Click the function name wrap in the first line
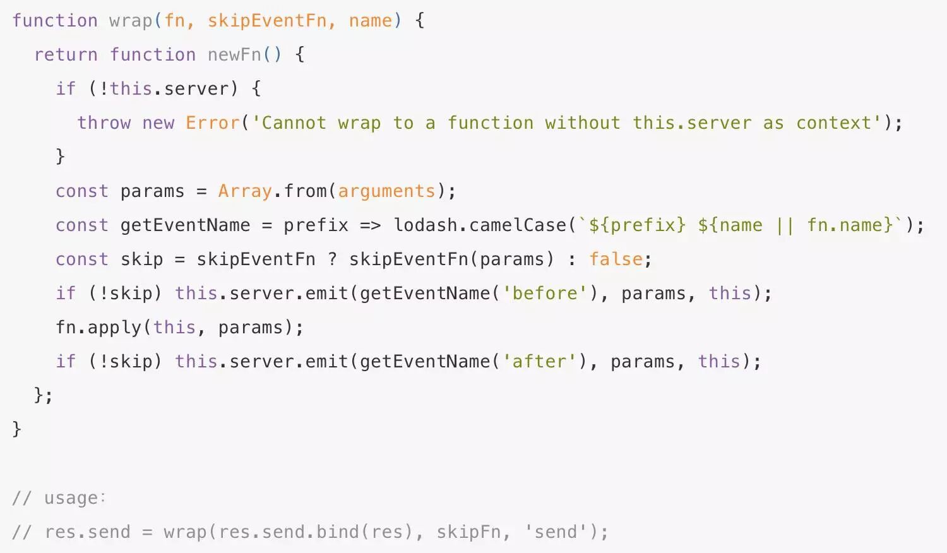coord(131,21)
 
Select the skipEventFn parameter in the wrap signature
coord(267,21)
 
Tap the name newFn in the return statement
coord(234,55)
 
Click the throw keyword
coord(104,123)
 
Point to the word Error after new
coord(213,123)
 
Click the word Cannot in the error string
coord(294,123)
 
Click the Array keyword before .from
coord(245,191)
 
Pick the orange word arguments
coord(386,191)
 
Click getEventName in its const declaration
coord(185,225)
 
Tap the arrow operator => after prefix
coord(370,225)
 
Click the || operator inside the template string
coord(785,225)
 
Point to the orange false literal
coord(616,259)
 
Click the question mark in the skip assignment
coord(332,259)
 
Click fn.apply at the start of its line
coord(98,328)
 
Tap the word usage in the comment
coord(71,498)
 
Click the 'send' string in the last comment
coord(556,532)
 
